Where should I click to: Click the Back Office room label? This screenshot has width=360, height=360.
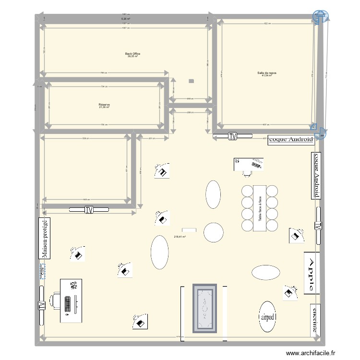(132, 54)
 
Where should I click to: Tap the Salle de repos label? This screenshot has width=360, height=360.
(266, 73)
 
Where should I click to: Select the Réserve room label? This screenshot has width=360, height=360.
(104, 104)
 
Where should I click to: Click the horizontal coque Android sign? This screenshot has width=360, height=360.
(291, 140)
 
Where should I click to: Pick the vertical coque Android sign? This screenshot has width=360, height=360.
(316, 175)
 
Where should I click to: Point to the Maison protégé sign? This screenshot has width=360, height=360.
(45, 239)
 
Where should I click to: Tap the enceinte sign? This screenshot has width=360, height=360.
(315, 319)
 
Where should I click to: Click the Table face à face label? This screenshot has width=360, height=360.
(260, 208)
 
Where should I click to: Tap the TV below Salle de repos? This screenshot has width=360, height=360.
(233, 136)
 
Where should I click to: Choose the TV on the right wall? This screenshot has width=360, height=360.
(318, 226)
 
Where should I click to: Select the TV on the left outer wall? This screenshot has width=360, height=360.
(41, 305)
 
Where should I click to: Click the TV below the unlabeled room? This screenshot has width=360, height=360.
(89, 209)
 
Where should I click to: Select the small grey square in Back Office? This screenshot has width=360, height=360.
(191, 81)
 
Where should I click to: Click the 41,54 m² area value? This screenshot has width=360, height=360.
(266, 76)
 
